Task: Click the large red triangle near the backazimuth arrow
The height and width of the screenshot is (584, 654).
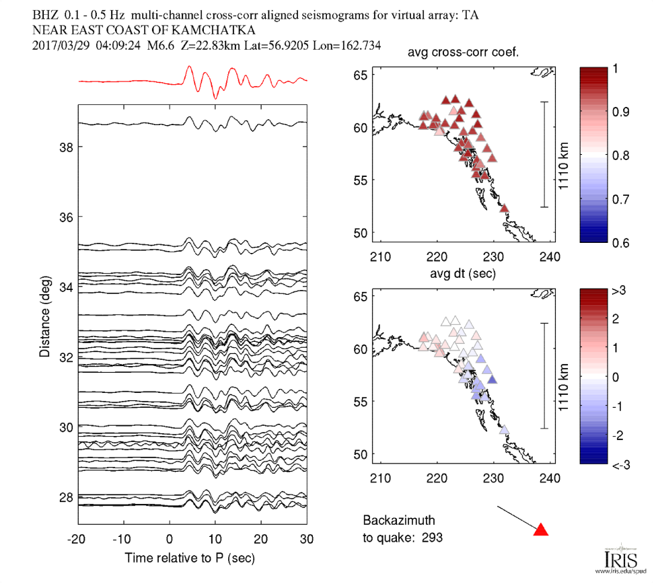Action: [541, 530]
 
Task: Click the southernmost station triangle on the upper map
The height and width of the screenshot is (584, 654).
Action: [504, 209]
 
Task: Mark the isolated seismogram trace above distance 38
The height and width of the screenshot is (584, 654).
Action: [192, 122]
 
